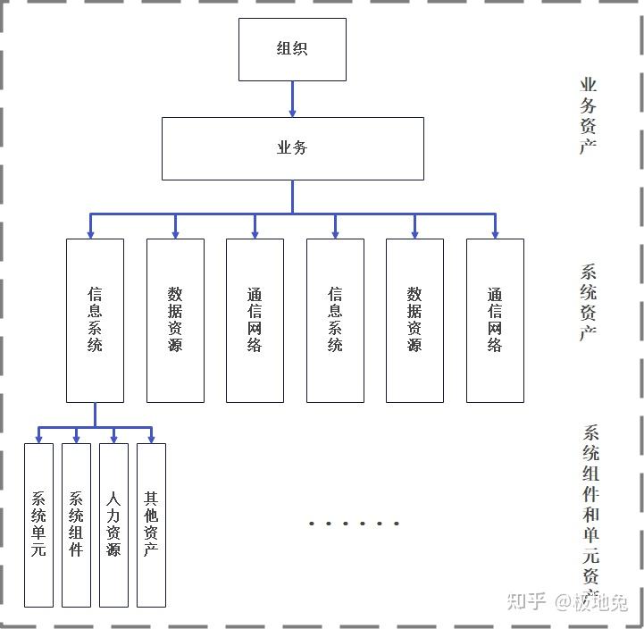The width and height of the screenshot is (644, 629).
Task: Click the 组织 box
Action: [292, 49]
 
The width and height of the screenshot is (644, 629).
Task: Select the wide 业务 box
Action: [292, 148]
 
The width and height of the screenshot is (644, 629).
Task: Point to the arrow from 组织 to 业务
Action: [292, 99]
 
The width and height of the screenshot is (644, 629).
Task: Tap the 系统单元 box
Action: [38, 524]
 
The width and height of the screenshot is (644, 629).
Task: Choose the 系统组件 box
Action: [76, 524]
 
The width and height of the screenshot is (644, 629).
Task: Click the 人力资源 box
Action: [113, 524]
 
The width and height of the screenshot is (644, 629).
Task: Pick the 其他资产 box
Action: [151, 524]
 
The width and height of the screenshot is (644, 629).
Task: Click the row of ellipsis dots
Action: [354, 523]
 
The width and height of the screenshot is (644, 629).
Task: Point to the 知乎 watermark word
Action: [526, 601]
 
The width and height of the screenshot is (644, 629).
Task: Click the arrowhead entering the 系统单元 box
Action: [38, 438]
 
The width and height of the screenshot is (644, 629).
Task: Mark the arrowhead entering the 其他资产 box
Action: [151, 438]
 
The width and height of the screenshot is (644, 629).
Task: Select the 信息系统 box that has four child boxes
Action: [95, 320]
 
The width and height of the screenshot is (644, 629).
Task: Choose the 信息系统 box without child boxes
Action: [335, 320]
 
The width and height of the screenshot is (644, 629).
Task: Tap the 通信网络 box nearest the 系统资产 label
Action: [495, 320]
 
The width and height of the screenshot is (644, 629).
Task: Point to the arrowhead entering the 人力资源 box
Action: [113, 438]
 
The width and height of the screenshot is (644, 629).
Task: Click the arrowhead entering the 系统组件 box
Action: [76, 438]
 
